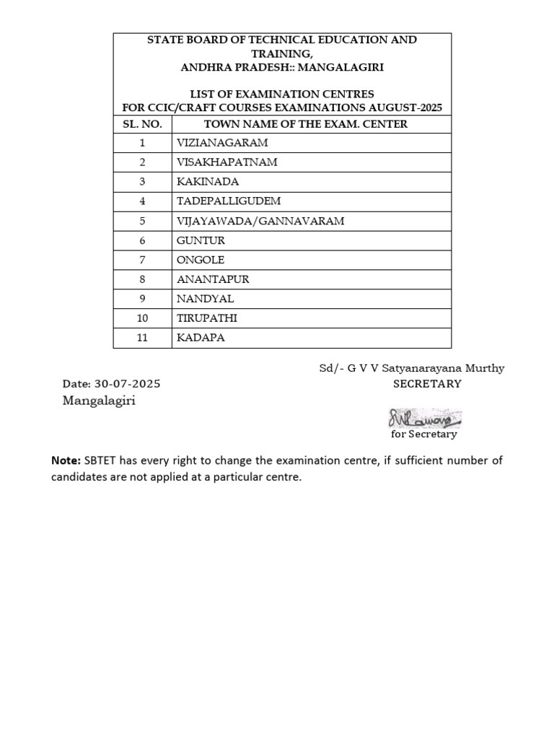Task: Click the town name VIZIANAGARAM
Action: (x=222, y=143)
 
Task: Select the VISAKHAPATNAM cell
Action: (x=227, y=162)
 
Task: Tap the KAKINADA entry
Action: (x=208, y=182)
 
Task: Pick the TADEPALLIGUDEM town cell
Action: (x=229, y=201)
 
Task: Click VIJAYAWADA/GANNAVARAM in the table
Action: (x=260, y=221)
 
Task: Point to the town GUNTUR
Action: (x=201, y=240)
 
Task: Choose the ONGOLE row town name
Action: (x=201, y=260)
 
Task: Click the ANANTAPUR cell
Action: (x=213, y=279)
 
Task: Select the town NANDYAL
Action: (x=206, y=299)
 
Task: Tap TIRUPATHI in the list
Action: (x=207, y=318)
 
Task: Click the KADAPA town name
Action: (x=201, y=338)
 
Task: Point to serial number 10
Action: (x=142, y=318)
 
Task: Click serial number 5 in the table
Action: (x=142, y=221)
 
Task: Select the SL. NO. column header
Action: (x=142, y=124)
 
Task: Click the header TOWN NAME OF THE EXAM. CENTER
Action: (x=306, y=124)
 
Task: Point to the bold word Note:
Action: (x=66, y=460)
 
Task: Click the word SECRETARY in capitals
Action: (x=427, y=384)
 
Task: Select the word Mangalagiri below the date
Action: (x=99, y=401)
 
